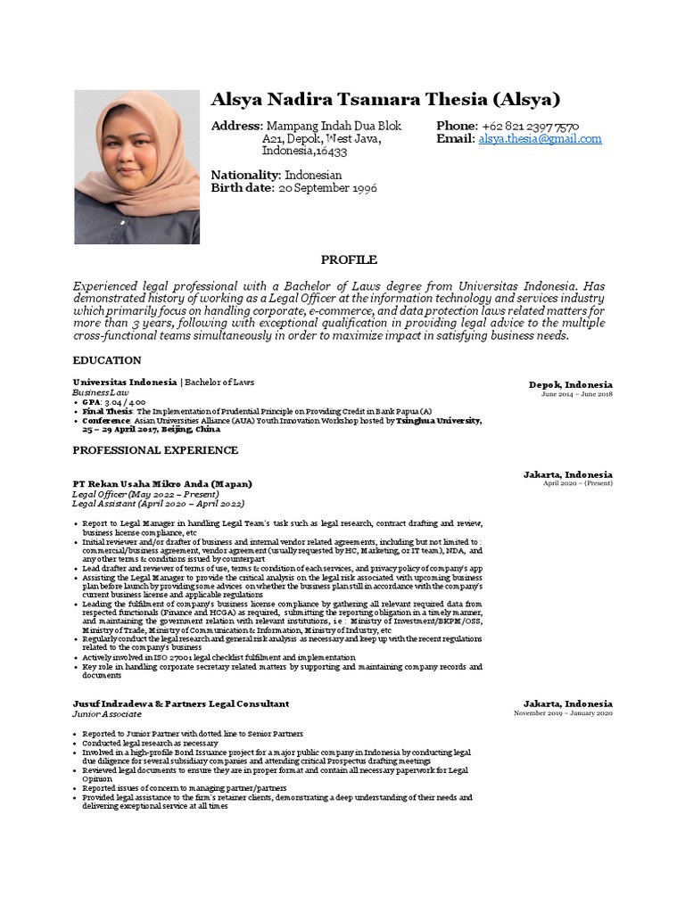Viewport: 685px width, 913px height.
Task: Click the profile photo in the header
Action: click(136, 167)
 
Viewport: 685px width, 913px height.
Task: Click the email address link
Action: click(540, 139)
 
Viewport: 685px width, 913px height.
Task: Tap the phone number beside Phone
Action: click(531, 126)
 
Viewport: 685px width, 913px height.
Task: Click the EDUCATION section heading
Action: click(106, 360)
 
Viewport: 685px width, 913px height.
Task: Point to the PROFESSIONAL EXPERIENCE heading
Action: click(154, 450)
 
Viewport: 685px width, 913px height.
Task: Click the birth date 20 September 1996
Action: click(327, 188)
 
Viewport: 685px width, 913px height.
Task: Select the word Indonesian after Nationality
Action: click(313, 176)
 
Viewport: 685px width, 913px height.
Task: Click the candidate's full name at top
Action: click(385, 99)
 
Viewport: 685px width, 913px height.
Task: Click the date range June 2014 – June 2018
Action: click(576, 394)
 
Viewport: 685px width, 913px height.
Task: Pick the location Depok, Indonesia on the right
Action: click(570, 383)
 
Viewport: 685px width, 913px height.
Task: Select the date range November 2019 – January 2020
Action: click(563, 713)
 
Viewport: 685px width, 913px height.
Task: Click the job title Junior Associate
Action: click(106, 714)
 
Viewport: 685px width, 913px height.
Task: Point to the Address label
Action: click(236, 126)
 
